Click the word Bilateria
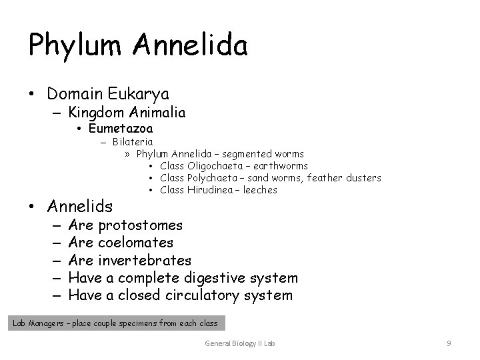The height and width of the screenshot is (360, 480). [x=132, y=141]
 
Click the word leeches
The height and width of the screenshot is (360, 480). [x=261, y=190]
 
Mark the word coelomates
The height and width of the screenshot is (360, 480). [x=135, y=243]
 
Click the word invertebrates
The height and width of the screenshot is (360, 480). [x=144, y=260]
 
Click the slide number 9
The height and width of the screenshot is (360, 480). [x=449, y=343]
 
